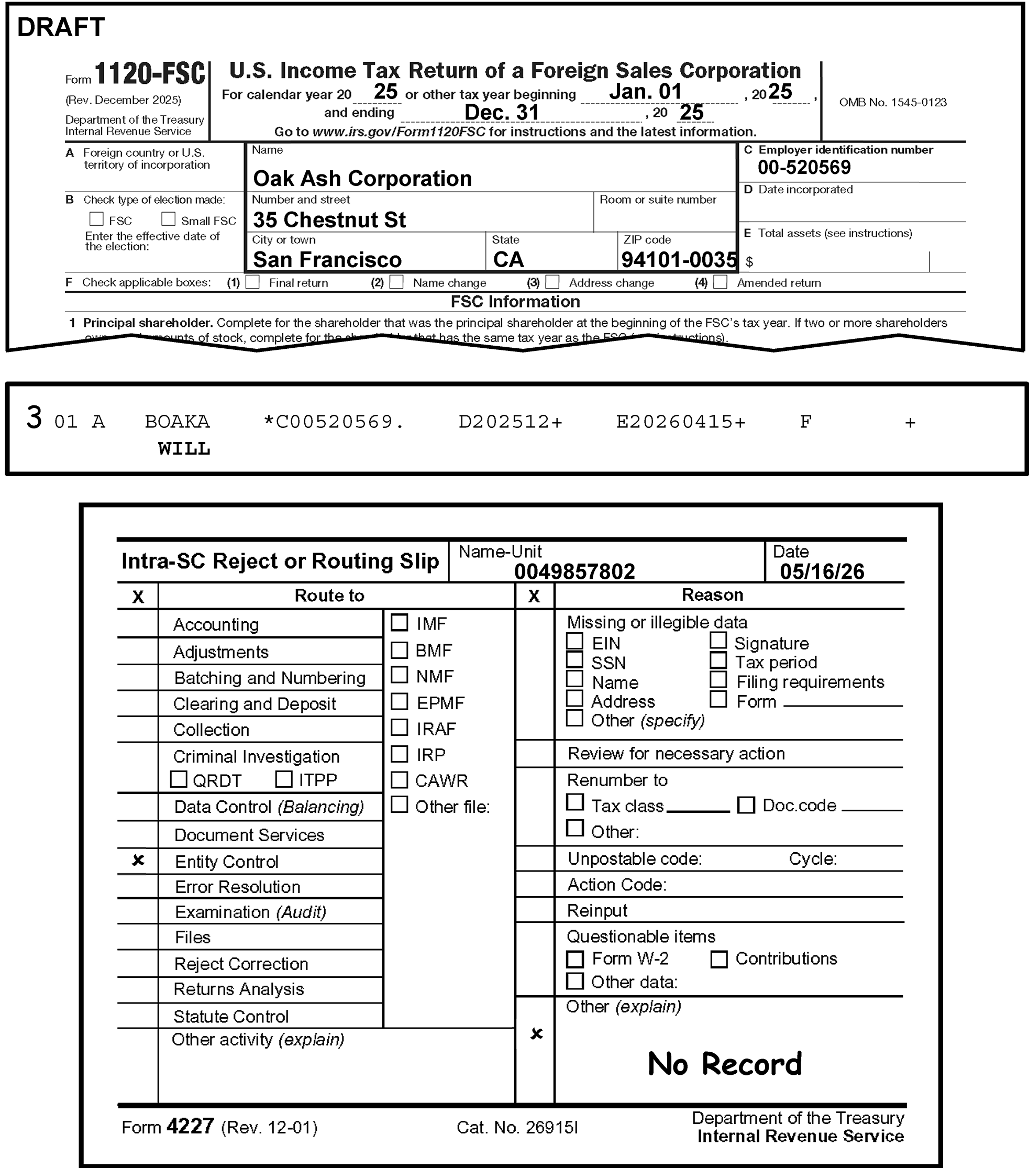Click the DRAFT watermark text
click(x=61, y=27)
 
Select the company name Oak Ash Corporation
click(x=362, y=179)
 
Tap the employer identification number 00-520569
click(x=804, y=168)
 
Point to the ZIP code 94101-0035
click(x=679, y=260)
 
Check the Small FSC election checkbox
click(x=168, y=219)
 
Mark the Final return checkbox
click(x=252, y=282)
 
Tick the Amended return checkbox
click(x=721, y=282)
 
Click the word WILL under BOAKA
click(x=184, y=448)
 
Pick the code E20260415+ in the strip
click(x=680, y=422)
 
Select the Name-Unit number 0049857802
click(x=574, y=571)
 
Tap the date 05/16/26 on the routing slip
click(x=822, y=571)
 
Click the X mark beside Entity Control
click(x=138, y=860)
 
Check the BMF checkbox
click(x=400, y=649)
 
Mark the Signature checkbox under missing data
click(x=718, y=641)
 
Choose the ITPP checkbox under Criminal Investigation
click(x=284, y=779)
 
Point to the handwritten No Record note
click(x=724, y=1064)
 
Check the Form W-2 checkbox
click(x=575, y=959)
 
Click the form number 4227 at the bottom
click(x=190, y=1126)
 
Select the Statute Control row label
click(x=231, y=1017)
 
